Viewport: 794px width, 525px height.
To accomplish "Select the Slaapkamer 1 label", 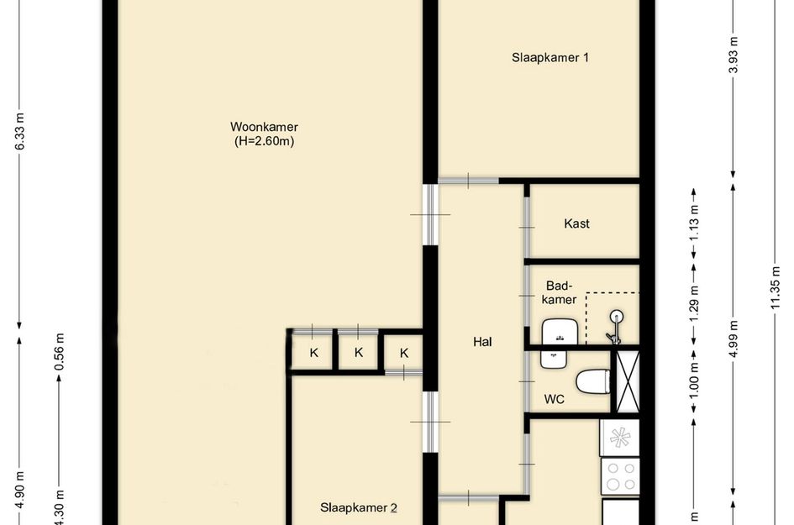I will (x=550, y=58).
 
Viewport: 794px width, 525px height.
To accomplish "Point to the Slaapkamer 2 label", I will (x=358, y=507).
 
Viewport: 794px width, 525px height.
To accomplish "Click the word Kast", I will (x=576, y=223).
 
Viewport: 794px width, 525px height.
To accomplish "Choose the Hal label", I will (x=481, y=342).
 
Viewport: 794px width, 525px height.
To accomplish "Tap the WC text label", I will (x=555, y=400).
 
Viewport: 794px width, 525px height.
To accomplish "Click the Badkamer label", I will (x=560, y=292).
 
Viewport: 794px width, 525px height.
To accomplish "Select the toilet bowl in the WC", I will (x=596, y=381).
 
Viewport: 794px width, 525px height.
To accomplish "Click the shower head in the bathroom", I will (x=617, y=318).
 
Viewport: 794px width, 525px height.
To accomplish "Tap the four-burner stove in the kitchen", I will (x=620, y=476).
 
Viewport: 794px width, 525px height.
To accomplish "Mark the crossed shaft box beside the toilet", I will (x=628, y=381).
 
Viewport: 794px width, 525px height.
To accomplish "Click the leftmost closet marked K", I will (x=313, y=353).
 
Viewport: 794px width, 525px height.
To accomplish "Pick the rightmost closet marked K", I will (x=403, y=353).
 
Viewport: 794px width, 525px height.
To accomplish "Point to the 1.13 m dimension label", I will (x=694, y=222).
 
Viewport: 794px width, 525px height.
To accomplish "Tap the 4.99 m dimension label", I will (x=734, y=339).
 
